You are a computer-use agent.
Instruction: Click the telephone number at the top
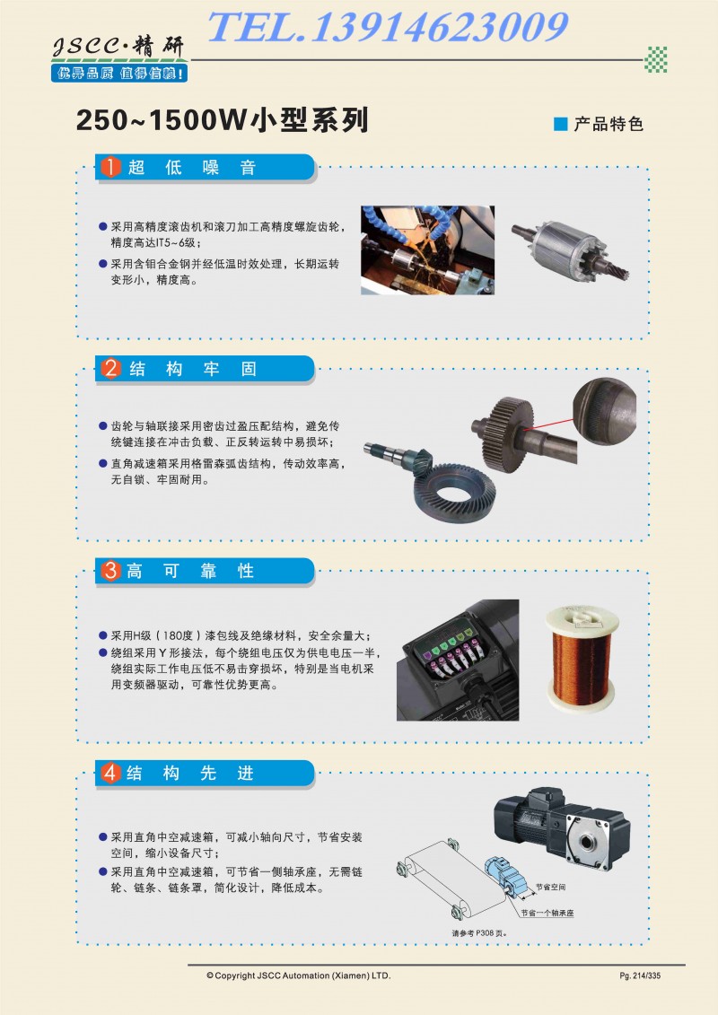387,27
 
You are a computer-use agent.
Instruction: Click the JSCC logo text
118,47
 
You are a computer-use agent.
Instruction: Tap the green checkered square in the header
655,59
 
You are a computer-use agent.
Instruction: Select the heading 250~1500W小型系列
222,120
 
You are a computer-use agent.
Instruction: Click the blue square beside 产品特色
561,124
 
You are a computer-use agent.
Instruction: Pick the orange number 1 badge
110,167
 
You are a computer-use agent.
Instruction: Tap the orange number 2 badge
110,368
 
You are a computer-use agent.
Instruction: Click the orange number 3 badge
110,570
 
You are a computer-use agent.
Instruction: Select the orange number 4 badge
110,773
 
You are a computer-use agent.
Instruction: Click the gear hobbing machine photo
427,249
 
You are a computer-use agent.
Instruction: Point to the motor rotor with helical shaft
571,251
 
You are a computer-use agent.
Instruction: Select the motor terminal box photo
458,660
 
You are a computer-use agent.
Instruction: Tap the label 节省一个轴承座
547,913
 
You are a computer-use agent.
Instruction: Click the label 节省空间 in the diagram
550,887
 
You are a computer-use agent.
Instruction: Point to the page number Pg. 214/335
640,976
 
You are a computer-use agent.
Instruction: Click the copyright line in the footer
299,976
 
